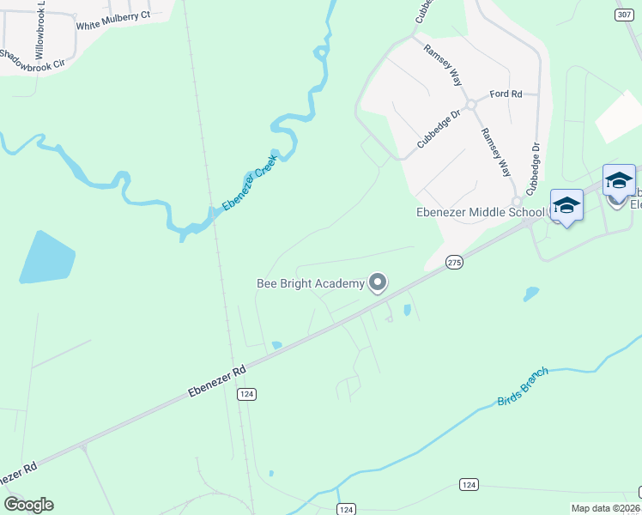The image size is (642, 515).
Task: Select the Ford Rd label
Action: click(x=506, y=94)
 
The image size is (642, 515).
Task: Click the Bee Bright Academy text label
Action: click(x=310, y=282)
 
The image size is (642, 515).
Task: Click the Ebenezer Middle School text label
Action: click(x=480, y=212)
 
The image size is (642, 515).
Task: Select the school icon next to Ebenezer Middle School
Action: click(x=566, y=206)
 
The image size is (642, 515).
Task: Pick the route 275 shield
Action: click(x=455, y=263)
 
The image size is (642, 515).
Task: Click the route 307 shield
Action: click(x=624, y=15)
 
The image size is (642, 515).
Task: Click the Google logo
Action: click(x=28, y=505)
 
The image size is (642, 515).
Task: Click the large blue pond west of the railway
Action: click(x=46, y=257)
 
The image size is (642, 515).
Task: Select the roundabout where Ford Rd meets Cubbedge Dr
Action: click(x=471, y=105)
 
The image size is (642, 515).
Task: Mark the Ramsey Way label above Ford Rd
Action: click(x=444, y=63)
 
